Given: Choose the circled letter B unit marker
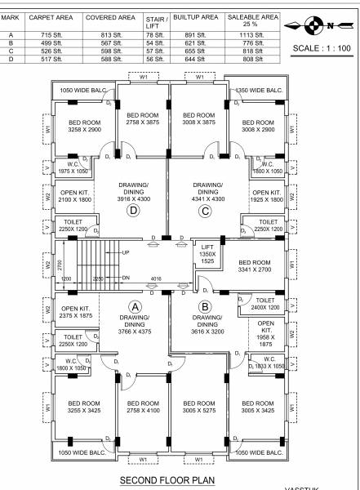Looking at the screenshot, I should click(x=206, y=306).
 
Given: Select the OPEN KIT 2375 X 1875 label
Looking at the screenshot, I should click(x=75, y=313).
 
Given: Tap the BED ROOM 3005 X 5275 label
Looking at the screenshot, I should click(x=199, y=408).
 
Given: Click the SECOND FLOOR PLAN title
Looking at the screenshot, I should click(x=168, y=480).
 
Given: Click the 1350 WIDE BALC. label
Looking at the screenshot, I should click(x=259, y=90).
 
